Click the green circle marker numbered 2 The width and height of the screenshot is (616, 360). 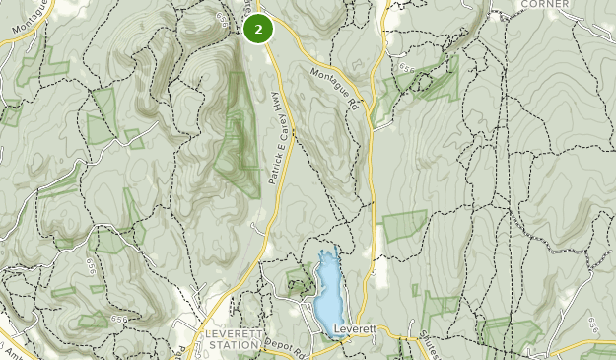coord(258,30)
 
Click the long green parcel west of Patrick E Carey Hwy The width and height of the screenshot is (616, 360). coord(235,128)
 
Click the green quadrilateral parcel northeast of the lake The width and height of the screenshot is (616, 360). coord(404,226)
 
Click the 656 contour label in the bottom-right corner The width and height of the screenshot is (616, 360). coord(590,325)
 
